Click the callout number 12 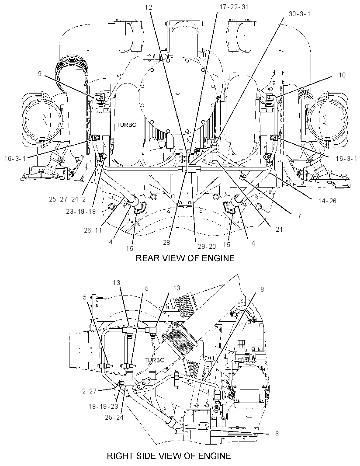click(149, 7)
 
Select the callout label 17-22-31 click(234, 7)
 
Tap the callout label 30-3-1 click(299, 14)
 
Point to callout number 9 click(39, 74)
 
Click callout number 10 click(342, 75)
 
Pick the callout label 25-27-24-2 click(67, 199)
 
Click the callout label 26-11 click(93, 230)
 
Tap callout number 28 click(166, 243)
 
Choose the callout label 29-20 click(207, 246)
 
